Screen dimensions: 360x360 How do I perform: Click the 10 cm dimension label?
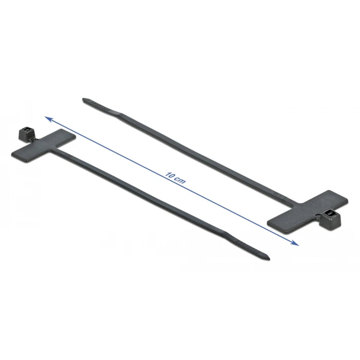click(x=175, y=178)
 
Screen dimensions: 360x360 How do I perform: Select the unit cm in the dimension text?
click(x=181, y=181)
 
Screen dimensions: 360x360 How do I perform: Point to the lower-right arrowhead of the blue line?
click(x=295, y=243)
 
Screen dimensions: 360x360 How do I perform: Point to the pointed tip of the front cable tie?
click(x=268, y=258)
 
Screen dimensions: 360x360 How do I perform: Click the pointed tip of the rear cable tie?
click(x=84, y=99)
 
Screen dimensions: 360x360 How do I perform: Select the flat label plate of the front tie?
click(x=44, y=146)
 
